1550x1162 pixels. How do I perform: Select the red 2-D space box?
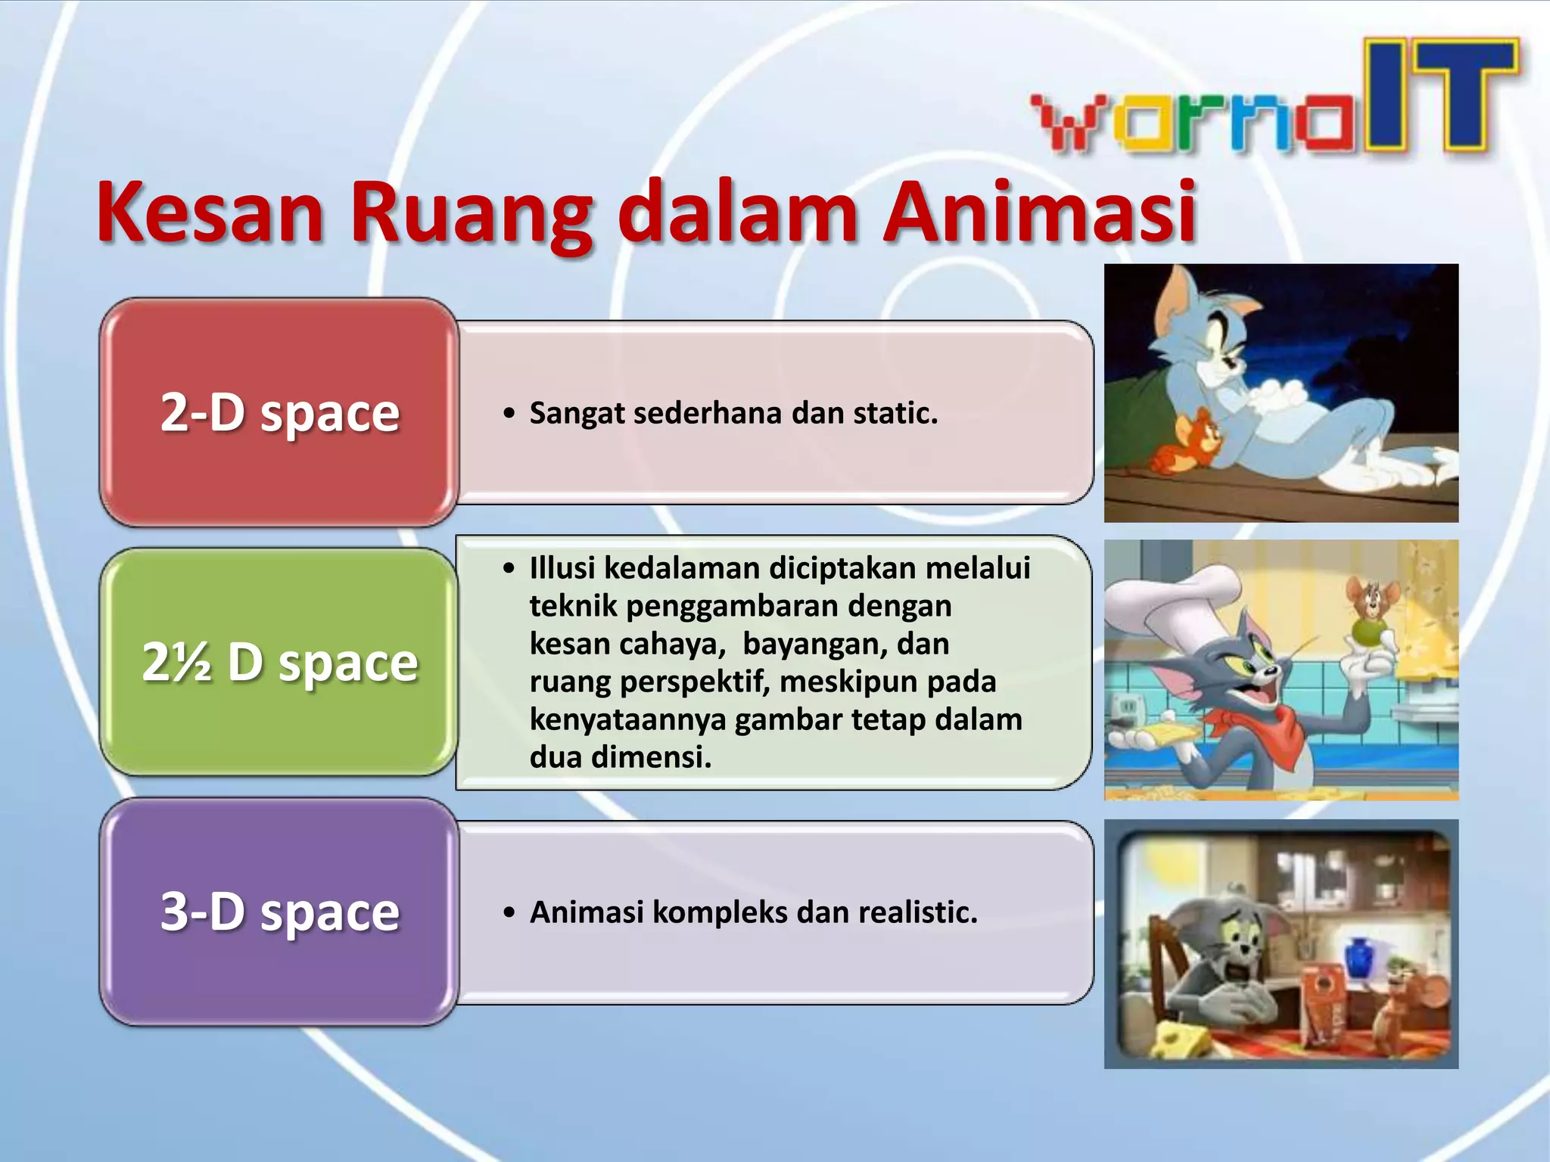pyautogui.click(x=279, y=413)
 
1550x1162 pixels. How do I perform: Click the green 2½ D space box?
pyautogui.click(x=279, y=663)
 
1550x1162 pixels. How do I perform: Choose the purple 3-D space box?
pyautogui.click(x=279, y=912)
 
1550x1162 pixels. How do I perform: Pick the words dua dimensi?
pyautogui.click(x=620, y=757)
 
